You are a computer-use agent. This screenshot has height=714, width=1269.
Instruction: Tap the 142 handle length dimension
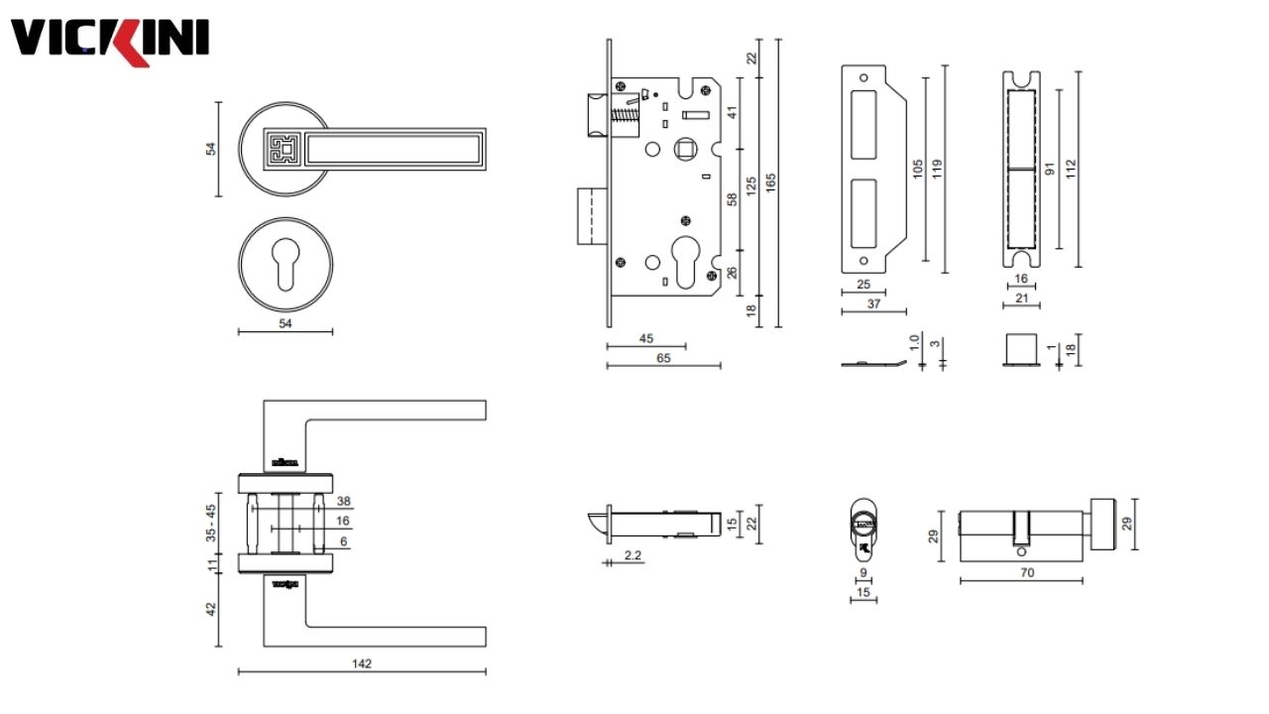pyautogui.click(x=362, y=663)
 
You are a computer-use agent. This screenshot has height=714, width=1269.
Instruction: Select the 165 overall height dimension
pyautogui.click(x=770, y=182)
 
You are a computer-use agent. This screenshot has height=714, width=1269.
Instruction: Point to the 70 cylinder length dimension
pyautogui.click(x=1026, y=572)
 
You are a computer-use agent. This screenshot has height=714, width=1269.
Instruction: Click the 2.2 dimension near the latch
pyautogui.click(x=634, y=556)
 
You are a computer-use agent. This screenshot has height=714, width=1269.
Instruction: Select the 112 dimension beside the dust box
pyautogui.click(x=1070, y=169)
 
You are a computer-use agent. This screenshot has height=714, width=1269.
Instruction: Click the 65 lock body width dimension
pyautogui.click(x=663, y=358)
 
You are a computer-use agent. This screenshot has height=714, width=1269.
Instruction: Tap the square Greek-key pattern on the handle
pyautogui.click(x=282, y=150)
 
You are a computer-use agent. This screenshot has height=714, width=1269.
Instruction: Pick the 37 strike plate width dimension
pyautogui.click(x=873, y=304)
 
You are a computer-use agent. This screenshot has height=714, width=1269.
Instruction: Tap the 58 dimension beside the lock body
pyautogui.click(x=733, y=199)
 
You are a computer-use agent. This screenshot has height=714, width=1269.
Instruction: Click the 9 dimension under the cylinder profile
pyautogui.click(x=864, y=572)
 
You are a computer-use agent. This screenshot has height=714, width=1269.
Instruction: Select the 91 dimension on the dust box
pyautogui.click(x=1049, y=169)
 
